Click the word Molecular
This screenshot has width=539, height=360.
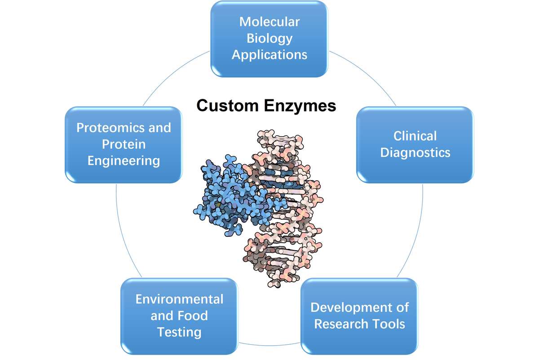point(269,22)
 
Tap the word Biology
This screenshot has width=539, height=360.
point(269,38)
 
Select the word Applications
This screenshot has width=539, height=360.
point(269,55)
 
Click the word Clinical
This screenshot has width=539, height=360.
point(415,136)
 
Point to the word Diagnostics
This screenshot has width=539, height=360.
point(415,152)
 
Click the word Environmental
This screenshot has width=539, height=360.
point(179,299)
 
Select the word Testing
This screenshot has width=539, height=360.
point(179,332)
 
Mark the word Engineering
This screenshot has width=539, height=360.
point(124,160)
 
